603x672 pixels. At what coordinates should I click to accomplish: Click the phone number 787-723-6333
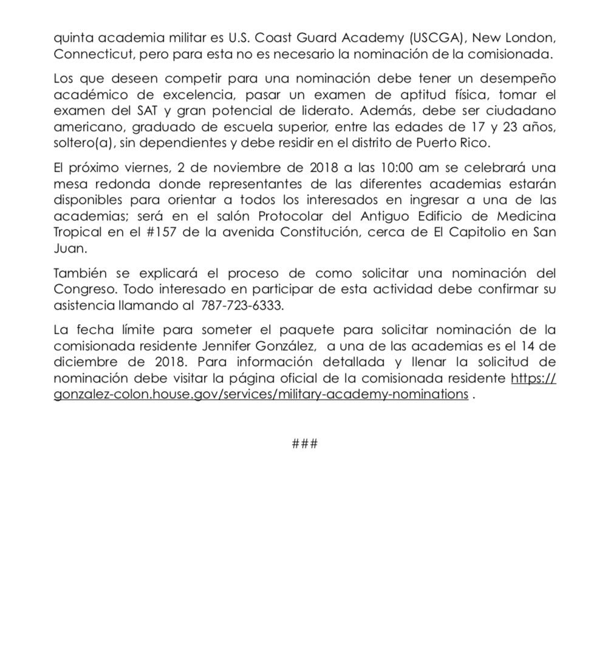click(242, 305)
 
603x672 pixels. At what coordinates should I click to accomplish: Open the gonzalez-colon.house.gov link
click(261, 394)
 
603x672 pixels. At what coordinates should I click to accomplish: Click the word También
click(79, 274)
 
